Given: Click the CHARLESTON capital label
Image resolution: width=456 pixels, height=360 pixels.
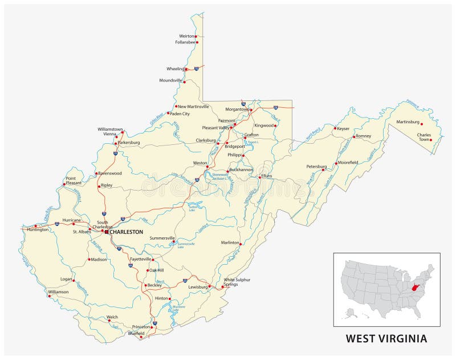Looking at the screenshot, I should (126, 232).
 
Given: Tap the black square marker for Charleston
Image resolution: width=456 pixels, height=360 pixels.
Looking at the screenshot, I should (106, 232).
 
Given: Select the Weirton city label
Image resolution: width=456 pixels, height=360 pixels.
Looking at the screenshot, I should (186, 36).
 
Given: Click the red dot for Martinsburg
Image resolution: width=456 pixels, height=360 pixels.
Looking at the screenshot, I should (422, 123).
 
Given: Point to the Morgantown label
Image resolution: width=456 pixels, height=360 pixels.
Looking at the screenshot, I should (237, 109).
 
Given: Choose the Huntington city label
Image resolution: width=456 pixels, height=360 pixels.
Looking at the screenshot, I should (37, 229).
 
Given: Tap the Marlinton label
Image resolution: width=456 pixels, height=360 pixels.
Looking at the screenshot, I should (230, 242).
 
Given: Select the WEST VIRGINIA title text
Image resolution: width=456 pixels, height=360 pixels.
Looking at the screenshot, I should (386, 338).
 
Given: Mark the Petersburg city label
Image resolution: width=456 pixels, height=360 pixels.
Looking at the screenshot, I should (316, 167).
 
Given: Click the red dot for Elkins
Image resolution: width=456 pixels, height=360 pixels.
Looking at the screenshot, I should (260, 177).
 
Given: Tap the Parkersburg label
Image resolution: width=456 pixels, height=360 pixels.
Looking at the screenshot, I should (128, 142).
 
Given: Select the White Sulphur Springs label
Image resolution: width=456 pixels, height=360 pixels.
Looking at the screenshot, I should (236, 282).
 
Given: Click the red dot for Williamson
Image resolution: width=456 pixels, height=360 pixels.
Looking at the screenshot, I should (49, 296).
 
